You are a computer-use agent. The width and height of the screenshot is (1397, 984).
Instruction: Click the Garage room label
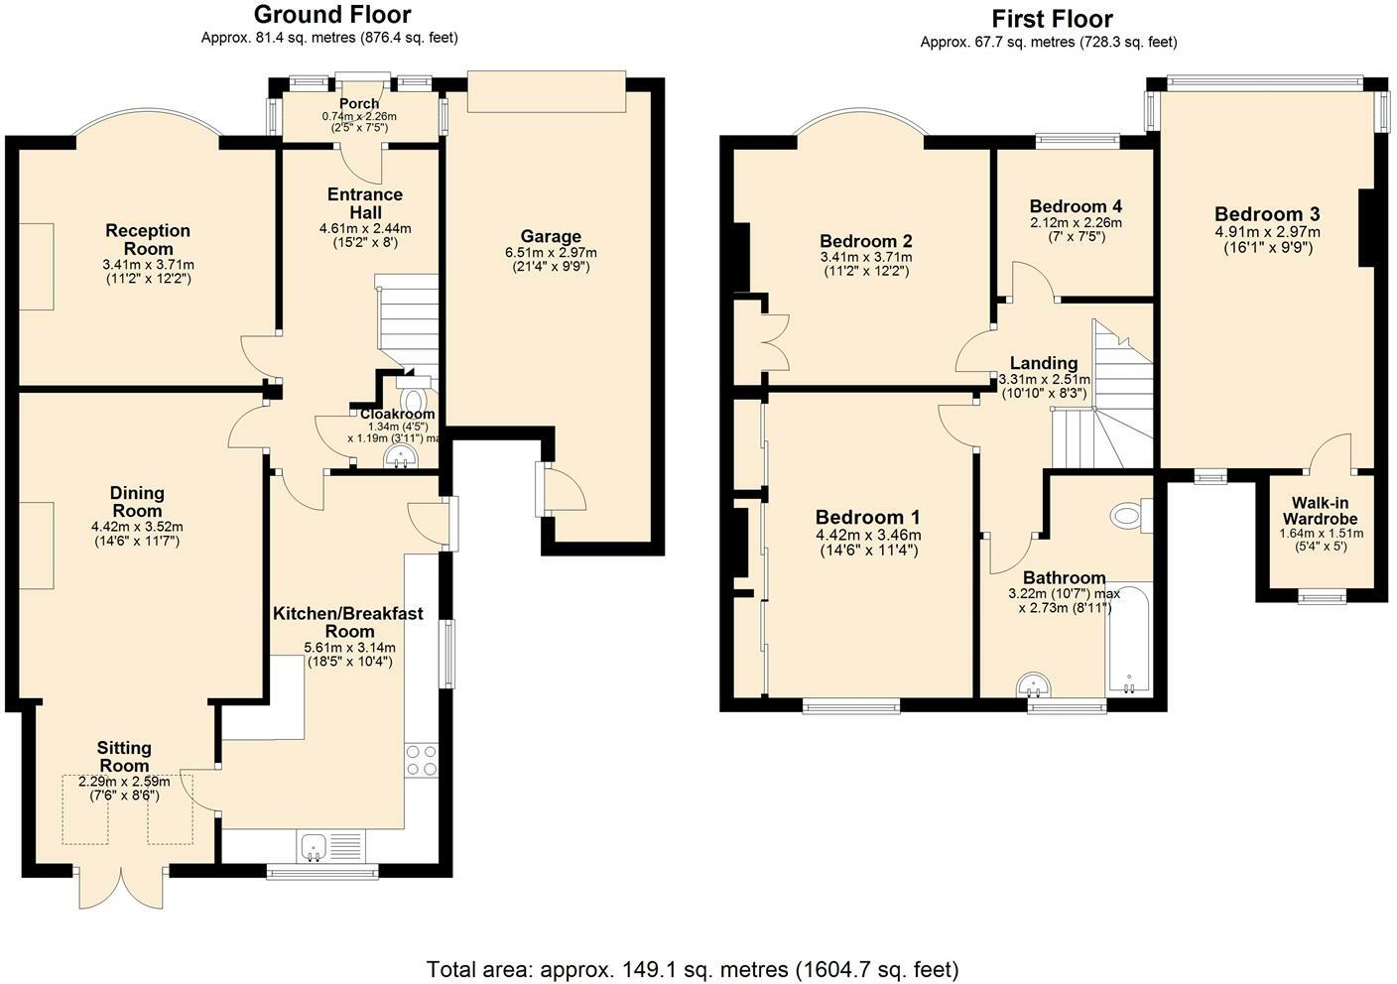551,236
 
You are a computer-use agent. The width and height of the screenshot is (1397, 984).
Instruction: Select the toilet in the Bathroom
1131,516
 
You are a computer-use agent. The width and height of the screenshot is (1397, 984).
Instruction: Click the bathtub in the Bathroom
1129,639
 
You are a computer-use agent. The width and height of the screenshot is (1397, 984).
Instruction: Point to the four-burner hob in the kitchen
422,760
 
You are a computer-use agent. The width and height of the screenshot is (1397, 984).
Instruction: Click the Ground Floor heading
332,14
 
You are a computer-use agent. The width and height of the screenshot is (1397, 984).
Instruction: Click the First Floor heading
1052,19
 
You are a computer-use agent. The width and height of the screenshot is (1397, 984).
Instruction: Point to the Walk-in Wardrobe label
1320,511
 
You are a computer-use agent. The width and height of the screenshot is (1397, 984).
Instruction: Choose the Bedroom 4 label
1076,205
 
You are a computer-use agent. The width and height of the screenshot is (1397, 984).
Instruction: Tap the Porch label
359,103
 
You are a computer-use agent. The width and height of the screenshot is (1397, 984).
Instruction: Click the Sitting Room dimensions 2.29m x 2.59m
124,782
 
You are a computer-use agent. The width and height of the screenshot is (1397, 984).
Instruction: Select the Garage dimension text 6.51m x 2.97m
551,253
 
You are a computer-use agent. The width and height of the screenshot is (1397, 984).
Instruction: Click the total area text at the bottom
693,970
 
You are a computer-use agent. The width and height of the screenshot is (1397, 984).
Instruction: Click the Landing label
1044,363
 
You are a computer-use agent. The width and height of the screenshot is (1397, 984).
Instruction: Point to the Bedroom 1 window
851,704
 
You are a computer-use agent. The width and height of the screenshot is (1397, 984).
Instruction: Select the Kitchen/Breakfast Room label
348,622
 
